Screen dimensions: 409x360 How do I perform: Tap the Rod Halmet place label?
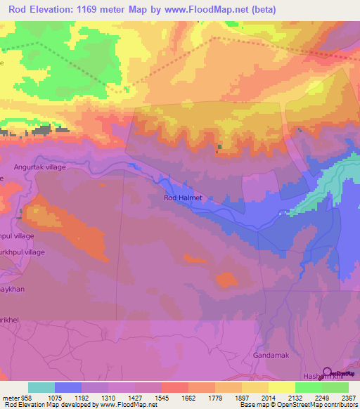pyautogui.click(x=183, y=198)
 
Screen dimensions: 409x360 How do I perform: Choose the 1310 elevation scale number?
pyautogui.click(x=108, y=397)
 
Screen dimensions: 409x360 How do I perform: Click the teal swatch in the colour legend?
pyautogui.click(x=41, y=387)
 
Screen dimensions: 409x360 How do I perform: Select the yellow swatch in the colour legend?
pyautogui.click(x=281, y=387)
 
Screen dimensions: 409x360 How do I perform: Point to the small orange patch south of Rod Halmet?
pyautogui.click(x=226, y=279)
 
